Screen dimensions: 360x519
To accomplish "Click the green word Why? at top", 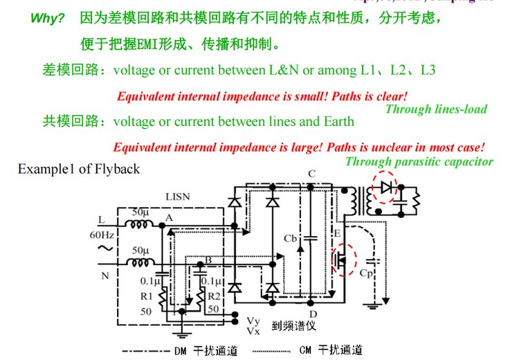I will pyautogui.click(x=46, y=18).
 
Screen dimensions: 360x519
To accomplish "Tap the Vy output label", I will pyautogui.click(x=253, y=321).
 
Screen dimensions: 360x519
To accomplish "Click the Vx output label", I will pyautogui.click(x=253, y=331).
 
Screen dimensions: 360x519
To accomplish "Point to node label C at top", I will pyautogui.click(x=311, y=174).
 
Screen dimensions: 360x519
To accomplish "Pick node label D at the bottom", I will pyautogui.click(x=312, y=314).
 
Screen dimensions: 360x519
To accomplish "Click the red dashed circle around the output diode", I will pyautogui.click(x=385, y=188).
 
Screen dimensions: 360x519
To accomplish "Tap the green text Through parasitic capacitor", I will pyautogui.click(x=419, y=162).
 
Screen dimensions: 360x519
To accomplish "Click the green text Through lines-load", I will pyautogui.click(x=436, y=109).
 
